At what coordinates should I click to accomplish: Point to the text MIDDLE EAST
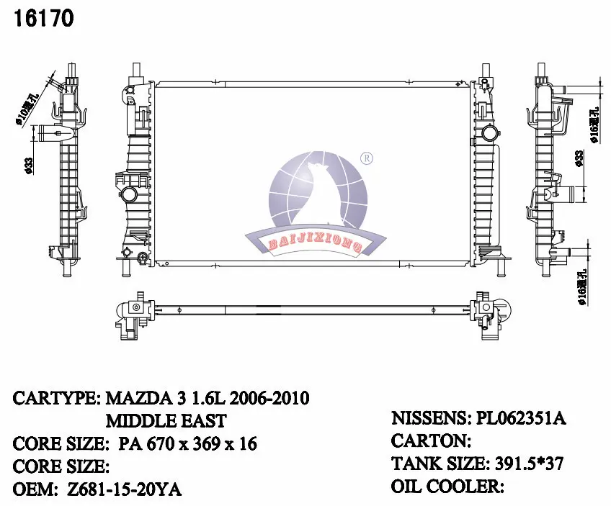[166, 420]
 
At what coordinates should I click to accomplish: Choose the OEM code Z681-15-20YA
[122, 489]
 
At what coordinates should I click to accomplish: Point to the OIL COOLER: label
[447, 487]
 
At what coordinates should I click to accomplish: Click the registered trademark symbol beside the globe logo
[365, 158]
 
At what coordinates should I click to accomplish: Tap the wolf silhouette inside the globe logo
[318, 194]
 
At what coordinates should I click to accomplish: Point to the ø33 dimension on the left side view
[27, 166]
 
